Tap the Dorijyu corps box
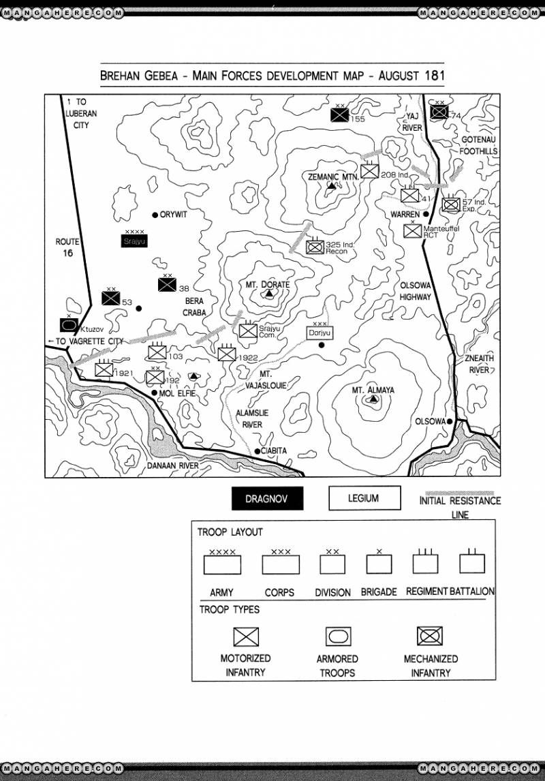tap(319, 333)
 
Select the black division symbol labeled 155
tap(339, 115)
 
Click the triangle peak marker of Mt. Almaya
tap(373, 399)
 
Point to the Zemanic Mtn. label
tap(332, 177)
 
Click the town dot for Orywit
tap(155, 214)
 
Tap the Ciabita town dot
tap(257, 451)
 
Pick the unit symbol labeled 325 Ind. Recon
tap(315, 247)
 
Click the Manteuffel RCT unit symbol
tap(412, 230)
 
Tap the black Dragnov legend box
tap(266, 499)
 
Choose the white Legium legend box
tap(364, 498)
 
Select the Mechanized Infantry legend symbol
tap(430, 636)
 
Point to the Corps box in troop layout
tap(281, 565)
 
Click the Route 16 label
tap(67, 247)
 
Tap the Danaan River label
tap(172, 465)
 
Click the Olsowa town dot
tap(450, 422)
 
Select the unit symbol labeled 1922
tap(226, 353)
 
